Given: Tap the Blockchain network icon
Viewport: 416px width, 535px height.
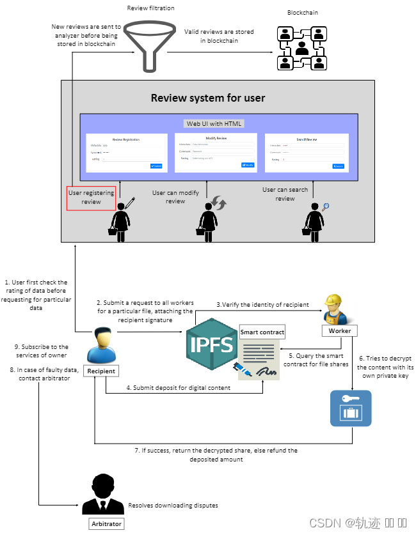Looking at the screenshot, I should tap(301, 49).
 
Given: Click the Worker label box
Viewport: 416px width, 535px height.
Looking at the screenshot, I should tap(340, 330).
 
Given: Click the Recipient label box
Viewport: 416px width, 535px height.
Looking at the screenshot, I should tap(101, 370).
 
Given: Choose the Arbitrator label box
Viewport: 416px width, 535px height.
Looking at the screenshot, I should tap(106, 523).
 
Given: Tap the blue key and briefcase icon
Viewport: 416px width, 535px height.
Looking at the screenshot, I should tap(351, 408).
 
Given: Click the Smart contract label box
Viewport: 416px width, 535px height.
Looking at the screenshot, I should tap(262, 332).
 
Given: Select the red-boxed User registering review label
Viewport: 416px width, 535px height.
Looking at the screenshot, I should tap(92, 198).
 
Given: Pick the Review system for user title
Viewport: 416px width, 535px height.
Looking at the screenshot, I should tap(208, 98).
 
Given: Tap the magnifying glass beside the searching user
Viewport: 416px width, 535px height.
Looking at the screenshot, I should tap(325, 206).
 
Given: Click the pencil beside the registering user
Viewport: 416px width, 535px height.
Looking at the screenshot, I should tap(130, 203).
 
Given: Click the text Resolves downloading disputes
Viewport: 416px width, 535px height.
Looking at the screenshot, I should tap(173, 505).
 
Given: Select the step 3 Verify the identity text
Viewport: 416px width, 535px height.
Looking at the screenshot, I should tap(262, 304).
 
